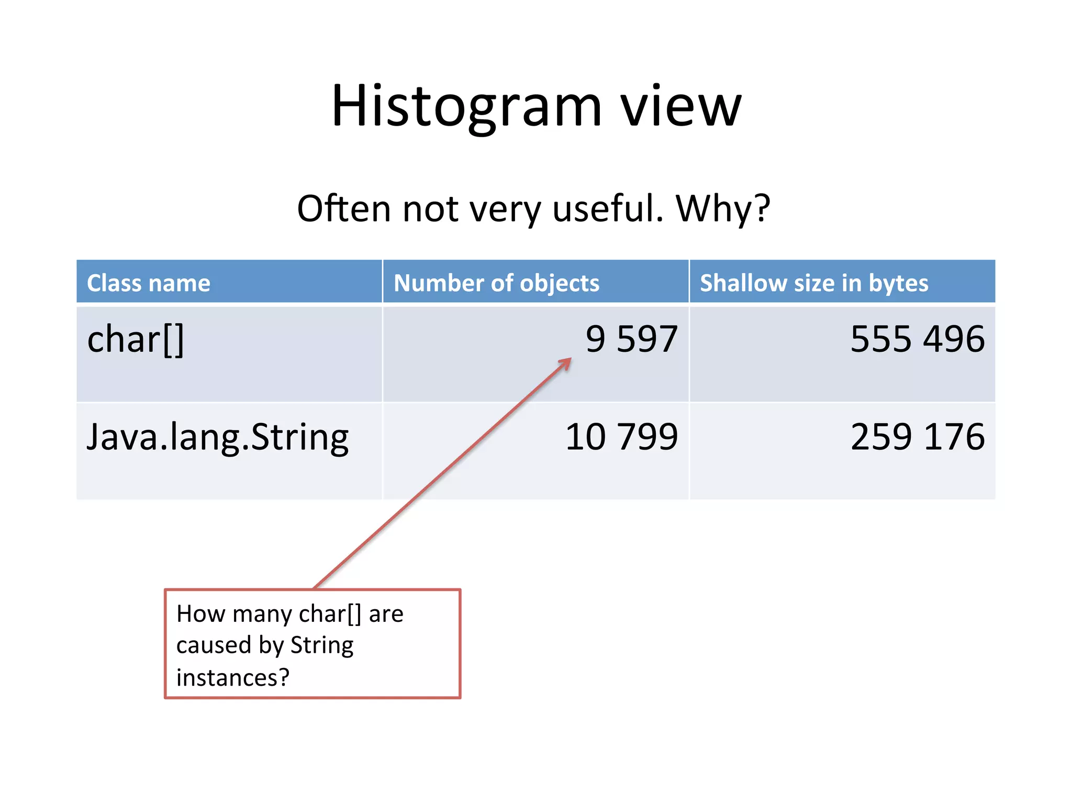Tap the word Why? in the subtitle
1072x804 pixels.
pyautogui.click(x=723, y=208)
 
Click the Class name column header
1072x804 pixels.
pyautogui.click(x=149, y=283)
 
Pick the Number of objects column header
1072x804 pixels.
pyautogui.click(x=496, y=283)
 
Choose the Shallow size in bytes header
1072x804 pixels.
pyautogui.click(x=814, y=283)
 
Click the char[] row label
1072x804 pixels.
pyautogui.click(x=136, y=340)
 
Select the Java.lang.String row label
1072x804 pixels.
pyautogui.click(x=218, y=437)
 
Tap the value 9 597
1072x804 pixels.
pyautogui.click(x=631, y=339)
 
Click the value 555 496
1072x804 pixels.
pyautogui.click(x=917, y=339)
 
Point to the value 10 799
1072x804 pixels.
pyautogui.click(x=621, y=437)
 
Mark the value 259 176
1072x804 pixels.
pyautogui.click(x=917, y=437)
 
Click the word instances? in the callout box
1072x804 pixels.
pyautogui.click(x=233, y=678)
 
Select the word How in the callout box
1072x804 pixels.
pyautogui.click(x=200, y=613)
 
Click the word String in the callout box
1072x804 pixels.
pyautogui.click(x=322, y=645)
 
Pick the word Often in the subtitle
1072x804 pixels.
pyautogui.click(x=344, y=208)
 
